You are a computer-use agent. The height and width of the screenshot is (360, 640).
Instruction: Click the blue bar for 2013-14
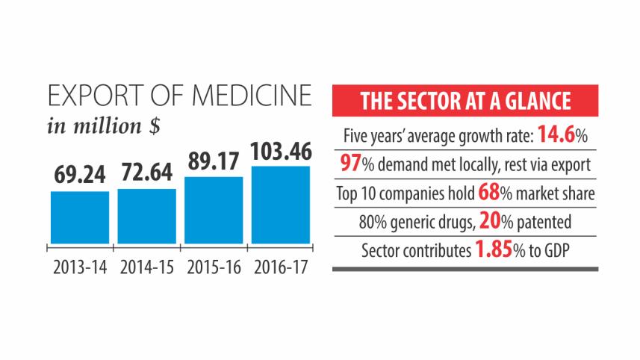click(x=79, y=217)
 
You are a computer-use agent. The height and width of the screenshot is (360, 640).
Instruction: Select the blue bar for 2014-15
click(x=146, y=215)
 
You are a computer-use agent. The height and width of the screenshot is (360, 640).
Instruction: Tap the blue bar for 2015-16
click(x=213, y=209)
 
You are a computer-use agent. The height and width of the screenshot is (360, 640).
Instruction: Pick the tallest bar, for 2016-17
click(x=280, y=204)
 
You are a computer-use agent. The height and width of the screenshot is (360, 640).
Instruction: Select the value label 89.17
click(x=213, y=162)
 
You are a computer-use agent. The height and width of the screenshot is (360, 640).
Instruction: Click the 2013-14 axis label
click(x=79, y=266)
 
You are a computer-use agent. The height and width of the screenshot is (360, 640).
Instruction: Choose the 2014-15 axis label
click(x=146, y=266)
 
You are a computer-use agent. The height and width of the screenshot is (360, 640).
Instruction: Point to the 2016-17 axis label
click(x=280, y=266)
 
